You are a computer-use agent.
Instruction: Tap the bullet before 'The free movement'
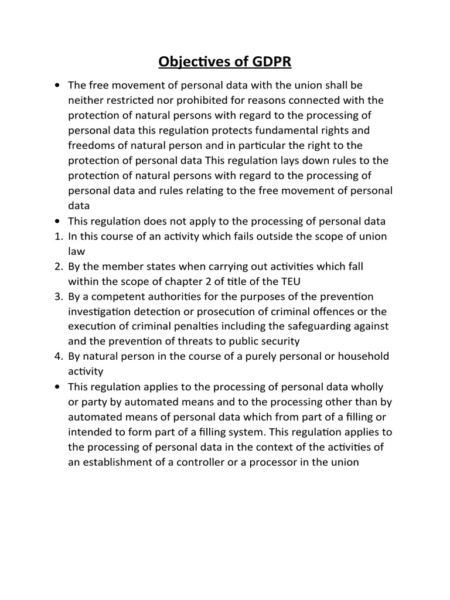tap(57, 86)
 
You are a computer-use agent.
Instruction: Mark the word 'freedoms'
tap(89, 145)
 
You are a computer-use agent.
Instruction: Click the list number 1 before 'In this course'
tap(57, 236)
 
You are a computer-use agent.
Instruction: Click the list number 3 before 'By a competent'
tap(57, 296)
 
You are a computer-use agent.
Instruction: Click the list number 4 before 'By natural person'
tap(57, 356)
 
